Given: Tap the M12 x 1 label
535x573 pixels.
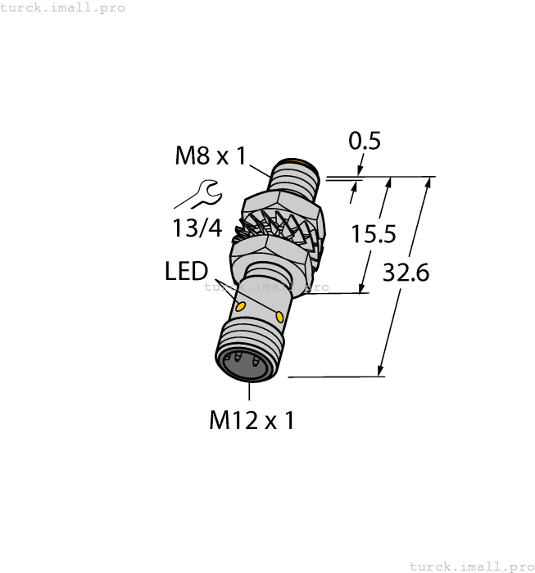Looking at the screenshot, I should (252, 420).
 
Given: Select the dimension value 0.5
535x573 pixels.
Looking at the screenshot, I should (365, 142).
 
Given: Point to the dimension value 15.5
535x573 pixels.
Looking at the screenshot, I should (374, 235).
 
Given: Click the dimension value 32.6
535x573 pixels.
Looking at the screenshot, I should (406, 273).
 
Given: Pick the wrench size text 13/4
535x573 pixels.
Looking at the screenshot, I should (197, 228).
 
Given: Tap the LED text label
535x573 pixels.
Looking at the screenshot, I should (186, 272).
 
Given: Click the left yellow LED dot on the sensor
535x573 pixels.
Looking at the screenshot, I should (241, 307).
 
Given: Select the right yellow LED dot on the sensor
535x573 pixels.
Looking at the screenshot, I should (281, 317).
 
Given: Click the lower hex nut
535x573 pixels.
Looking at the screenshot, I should (270, 250).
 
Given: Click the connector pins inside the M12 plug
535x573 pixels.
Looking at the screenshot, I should (243, 359).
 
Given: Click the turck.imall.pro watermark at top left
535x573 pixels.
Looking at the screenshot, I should (63, 7).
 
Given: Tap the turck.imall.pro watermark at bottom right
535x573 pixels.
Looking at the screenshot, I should (470, 566).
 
